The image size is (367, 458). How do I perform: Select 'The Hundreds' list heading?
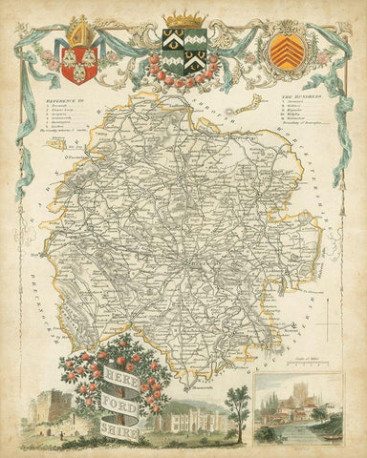click(299, 98)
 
